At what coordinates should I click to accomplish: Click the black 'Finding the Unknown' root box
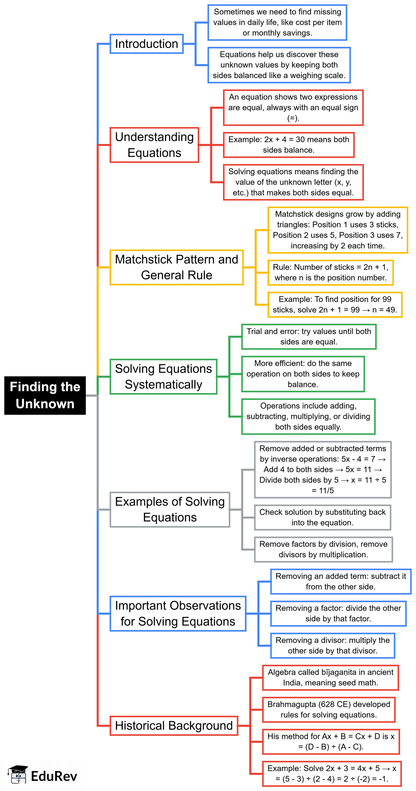pyautogui.click(x=45, y=395)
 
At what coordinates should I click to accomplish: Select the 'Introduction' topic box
pyautogui.click(x=146, y=44)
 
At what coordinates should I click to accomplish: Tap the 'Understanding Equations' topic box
pyautogui.click(x=154, y=145)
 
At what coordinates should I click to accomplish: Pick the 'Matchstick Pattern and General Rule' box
pyautogui.click(x=176, y=267)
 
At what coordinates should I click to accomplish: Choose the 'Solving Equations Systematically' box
pyautogui.click(x=163, y=376)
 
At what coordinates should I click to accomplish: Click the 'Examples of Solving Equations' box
pyautogui.click(x=170, y=509)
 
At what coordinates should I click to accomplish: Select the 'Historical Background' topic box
pyautogui.click(x=174, y=726)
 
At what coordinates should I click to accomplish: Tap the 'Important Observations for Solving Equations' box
pyautogui.click(x=178, y=614)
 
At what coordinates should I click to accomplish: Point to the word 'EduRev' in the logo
pyautogui.click(x=54, y=776)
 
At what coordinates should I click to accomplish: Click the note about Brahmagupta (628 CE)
pyautogui.click(x=329, y=709)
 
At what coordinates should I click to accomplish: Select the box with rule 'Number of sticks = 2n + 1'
pyautogui.click(x=330, y=272)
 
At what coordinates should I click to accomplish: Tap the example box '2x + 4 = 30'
pyautogui.click(x=289, y=145)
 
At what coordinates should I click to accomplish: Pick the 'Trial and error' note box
pyautogui.click(x=309, y=336)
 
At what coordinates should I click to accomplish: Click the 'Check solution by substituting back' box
pyautogui.click(x=322, y=517)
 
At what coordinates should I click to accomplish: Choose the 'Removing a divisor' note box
pyautogui.click(x=332, y=645)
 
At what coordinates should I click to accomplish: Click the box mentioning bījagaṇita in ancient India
pyautogui.click(x=330, y=677)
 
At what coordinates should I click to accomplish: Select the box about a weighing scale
pyautogui.click(x=279, y=65)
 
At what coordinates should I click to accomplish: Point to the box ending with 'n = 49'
pyautogui.click(x=335, y=305)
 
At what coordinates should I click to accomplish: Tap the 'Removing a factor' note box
pyautogui.click(x=338, y=614)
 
